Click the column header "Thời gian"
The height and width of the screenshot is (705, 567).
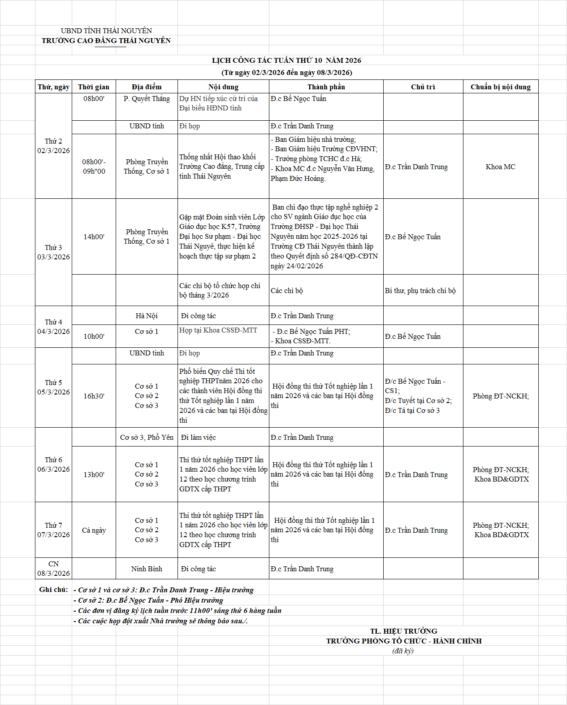click(x=94, y=87)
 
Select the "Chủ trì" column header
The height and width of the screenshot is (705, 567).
click(x=423, y=87)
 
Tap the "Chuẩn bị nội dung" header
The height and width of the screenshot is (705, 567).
click(x=501, y=87)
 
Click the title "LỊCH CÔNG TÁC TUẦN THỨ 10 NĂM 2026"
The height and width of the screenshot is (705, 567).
click(x=286, y=60)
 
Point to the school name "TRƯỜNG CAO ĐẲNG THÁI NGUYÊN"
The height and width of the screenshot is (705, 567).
click(x=106, y=40)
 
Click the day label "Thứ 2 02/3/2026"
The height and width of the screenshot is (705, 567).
click(x=53, y=146)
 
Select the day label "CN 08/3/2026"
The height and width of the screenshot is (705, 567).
click(x=53, y=569)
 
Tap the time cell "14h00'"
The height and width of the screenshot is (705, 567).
click(x=94, y=236)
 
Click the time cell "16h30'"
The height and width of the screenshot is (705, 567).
click(x=94, y=396)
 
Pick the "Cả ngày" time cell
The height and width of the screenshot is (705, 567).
click(x=94, y=530)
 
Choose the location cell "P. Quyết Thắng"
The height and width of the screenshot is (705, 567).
click(x=147, y=99)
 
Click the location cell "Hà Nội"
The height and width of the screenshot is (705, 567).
click(x=147, y=315)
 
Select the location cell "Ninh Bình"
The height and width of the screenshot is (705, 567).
click(x=147, y=569)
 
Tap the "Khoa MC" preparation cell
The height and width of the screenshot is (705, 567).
click(x=500, y=166)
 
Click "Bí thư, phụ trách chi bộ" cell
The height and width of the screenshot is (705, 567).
click(x=420, y=290)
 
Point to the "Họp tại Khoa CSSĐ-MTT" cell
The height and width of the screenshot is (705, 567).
click(x=218, y=330)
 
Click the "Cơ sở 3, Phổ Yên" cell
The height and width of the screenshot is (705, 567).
click(x=147, y=437)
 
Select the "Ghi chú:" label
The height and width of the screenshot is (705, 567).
click(x=53, y=589)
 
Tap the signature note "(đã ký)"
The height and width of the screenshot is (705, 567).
click(x=403, y=651)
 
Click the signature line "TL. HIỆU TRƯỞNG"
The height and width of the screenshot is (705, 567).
click(x=403, y=631)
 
